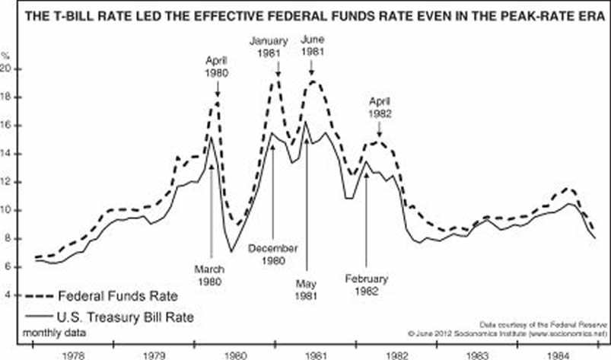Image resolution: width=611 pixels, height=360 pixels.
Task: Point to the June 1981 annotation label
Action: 313,44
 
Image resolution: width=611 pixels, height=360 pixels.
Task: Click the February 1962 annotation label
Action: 367,283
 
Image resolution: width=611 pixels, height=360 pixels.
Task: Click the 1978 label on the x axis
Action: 73,354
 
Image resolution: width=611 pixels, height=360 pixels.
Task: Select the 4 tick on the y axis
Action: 8,295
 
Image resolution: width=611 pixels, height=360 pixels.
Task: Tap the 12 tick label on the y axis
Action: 6,182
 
